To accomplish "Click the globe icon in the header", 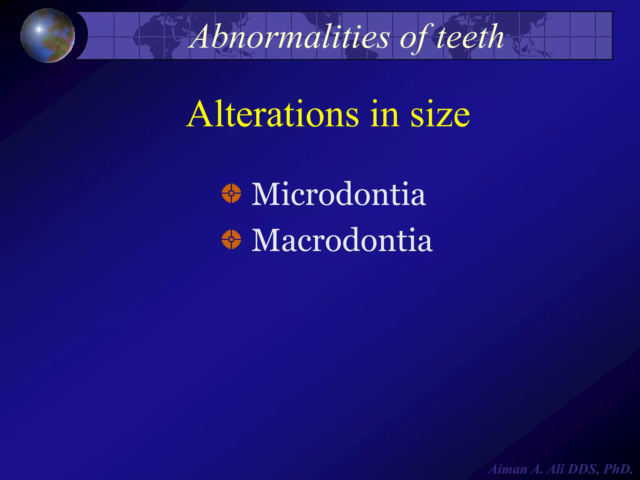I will pos(47,35).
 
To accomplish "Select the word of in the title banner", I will pos(415,37).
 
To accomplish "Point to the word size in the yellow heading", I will pos(440,115).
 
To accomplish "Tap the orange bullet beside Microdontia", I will pos(231,193).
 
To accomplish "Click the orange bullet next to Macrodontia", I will pos(231,239).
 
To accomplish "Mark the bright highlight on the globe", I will pos(39,29).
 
